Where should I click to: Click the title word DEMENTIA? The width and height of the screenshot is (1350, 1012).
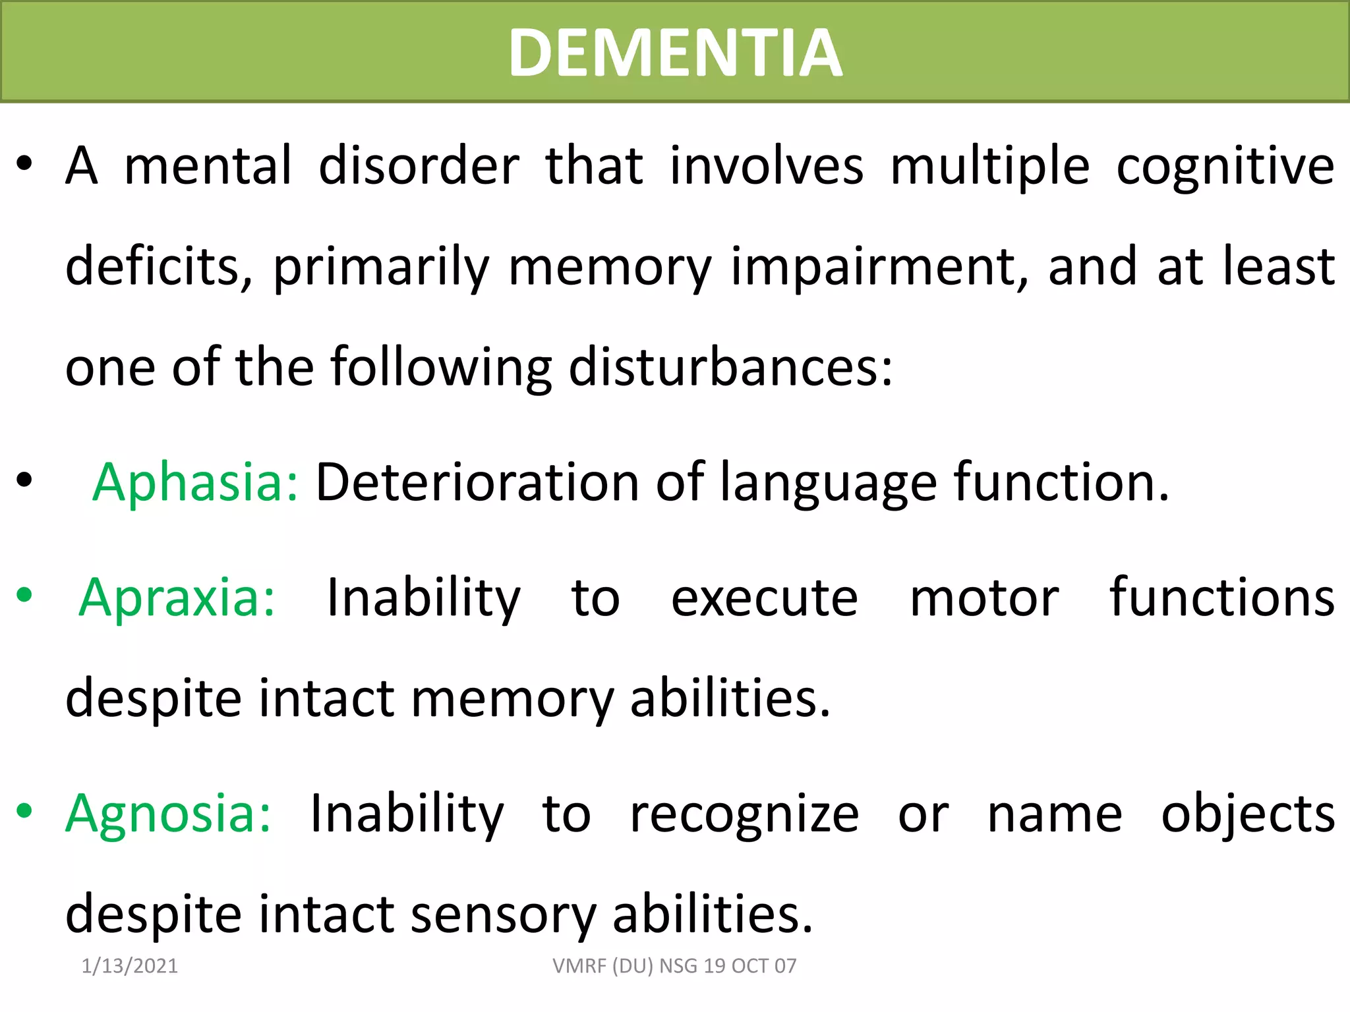[x=675, y=53]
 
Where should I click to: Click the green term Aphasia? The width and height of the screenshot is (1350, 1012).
[x=195, y=482]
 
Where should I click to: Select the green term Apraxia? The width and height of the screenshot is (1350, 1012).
[x=177, y=598]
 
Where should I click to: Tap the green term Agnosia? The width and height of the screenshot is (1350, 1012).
[x=168, y=814]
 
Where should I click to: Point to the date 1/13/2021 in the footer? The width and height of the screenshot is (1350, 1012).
[x=130, y=966]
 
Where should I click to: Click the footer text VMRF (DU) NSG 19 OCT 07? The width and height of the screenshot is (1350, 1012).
[x=674, y=966]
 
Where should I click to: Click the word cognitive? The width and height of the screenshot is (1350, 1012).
[x=1225, y=166]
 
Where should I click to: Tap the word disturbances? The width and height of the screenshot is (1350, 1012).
[x=730, y=367]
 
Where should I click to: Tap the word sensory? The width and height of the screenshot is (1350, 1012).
[x=503, y=914]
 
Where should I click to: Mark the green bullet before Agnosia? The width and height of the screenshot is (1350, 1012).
[x=24, y=810]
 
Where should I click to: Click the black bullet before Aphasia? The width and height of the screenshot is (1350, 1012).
[x=24, y=480]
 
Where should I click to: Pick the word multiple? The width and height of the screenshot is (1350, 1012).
[x=990, y=166]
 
